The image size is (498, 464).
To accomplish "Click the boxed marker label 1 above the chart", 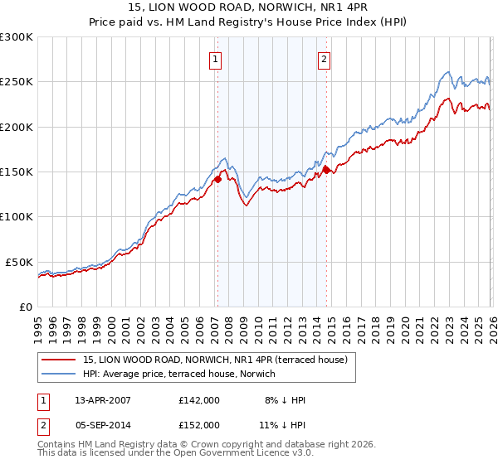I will (x=216, y=59).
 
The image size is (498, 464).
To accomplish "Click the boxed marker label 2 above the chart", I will (x=324, y=59).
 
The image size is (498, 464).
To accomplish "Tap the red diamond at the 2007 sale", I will (x=217, y=178).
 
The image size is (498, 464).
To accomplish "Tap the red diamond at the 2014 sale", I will (x=326, y=170).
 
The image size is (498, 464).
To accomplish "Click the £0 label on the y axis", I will (x=25, y=307).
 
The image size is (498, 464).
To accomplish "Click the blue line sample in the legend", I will (x=59, y=374).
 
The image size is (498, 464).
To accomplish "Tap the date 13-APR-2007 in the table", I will (x=102, y=400).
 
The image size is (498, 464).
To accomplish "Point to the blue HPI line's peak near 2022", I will (x=447, y=71).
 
